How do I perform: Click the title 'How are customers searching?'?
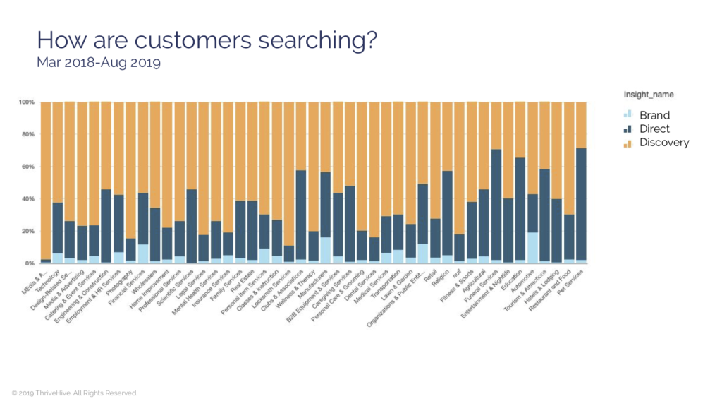(206, 40)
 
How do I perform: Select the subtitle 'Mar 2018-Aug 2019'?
(99, 64)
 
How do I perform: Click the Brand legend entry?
(654, 115)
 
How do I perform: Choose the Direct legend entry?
(654, 129)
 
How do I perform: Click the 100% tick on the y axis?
(26, 102)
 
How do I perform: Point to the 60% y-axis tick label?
(27, 167)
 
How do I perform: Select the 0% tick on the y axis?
(30, 263)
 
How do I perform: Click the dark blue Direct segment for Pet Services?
(581, 205)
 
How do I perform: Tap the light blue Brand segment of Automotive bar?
(532, 247)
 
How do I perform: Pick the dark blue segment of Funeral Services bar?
(496, 205)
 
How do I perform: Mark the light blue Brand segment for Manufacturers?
(325, 250)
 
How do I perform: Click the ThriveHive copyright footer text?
(74, 393)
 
